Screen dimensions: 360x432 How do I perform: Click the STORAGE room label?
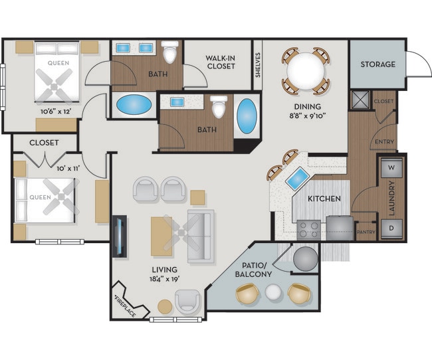click(x=378, y=64)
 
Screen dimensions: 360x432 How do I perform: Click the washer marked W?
click(x=391, y=168)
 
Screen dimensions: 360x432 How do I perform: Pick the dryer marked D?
click(x=391, y=228)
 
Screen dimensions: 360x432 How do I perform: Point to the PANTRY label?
click(x=366, y=232)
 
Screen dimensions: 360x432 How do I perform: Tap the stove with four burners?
click(x=308, y=229)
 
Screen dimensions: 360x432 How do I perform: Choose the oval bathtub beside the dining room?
click(x=246, y=116)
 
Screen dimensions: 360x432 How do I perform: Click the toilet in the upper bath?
click(x=170, y=52)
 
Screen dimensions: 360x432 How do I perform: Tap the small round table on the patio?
click(x=274, y=292)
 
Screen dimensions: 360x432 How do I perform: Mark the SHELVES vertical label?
click(x=258, y=64)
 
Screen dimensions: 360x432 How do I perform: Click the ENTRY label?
click(x=384, y=141)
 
